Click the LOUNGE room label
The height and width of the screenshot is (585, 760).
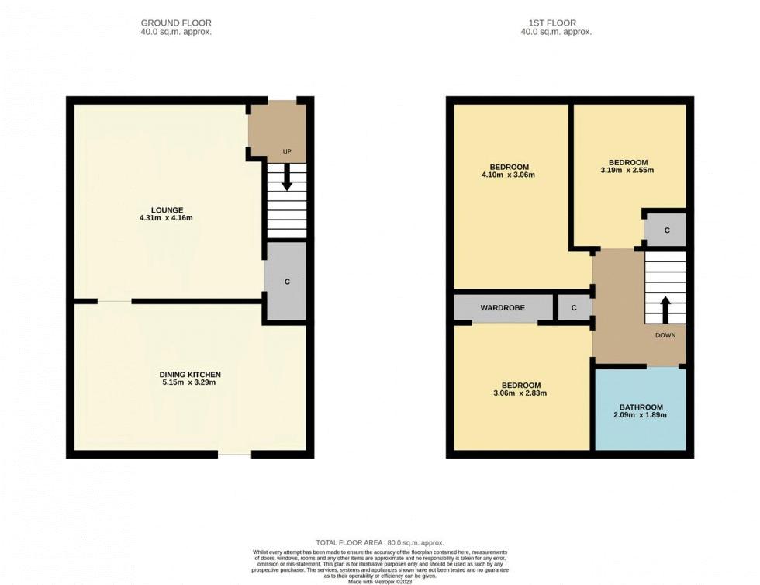[x=168, y=210]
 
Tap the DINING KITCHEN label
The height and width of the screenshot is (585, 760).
[x=190, y=375]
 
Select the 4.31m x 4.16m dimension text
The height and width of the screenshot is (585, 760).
[x=166, y=218]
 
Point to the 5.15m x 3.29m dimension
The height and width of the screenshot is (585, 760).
[x=189, y=382]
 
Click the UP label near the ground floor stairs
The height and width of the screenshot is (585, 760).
[x=287, y=151]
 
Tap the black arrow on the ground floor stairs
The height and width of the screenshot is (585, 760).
[x=287, y=177]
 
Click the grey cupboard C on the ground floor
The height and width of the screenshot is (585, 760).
[x=287, y=282]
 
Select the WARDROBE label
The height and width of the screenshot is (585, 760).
[x=503, y=307]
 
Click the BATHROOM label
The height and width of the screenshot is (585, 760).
[x=641, y=407]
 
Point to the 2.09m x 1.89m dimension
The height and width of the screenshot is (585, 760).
[x=641, y=415]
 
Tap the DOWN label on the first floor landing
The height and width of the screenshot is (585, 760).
[x=665, y=335]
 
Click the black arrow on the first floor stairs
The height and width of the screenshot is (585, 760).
[x=665, y=310]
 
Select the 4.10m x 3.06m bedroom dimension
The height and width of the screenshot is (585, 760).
[x=509, y=175]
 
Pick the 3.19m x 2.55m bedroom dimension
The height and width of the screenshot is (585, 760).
[x=627, y=170]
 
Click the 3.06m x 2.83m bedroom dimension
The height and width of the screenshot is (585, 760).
[x=520, y=393]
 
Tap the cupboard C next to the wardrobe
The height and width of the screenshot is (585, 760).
[x=574, y=307]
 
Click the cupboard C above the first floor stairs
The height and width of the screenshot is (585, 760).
[x=666, y=230]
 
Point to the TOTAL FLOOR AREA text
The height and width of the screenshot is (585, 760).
[x=380, y=543]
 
